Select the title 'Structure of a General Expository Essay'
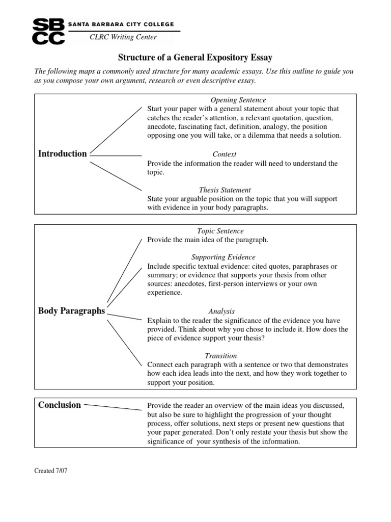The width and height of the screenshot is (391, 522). click(195, 58)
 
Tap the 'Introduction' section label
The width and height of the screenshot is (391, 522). click(62, 153)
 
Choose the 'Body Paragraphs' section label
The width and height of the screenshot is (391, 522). click(71, 310)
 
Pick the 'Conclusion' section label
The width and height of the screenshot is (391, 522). click(60, 405)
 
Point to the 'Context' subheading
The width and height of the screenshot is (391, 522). click(224, 154)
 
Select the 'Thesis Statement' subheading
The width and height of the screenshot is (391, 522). click(225, 190)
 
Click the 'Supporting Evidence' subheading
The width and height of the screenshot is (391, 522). click(223, 257)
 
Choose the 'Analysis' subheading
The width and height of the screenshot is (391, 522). click(221, 311)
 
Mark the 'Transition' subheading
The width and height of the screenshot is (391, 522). click(220, 355)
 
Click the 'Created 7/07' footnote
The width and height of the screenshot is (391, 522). click(50, 471)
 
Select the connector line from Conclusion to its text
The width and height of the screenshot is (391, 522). click(113, 406)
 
